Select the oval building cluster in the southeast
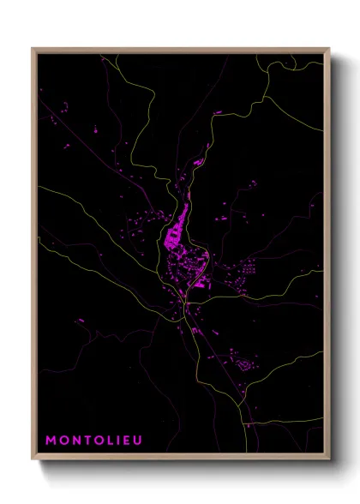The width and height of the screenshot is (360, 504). pos(246,366)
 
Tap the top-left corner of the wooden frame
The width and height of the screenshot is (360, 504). pos(33,49)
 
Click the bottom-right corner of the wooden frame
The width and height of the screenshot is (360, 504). pos(330,459)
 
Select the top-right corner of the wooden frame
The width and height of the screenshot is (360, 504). pos(330,49)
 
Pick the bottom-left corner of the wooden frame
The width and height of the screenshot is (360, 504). pos(33,459)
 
